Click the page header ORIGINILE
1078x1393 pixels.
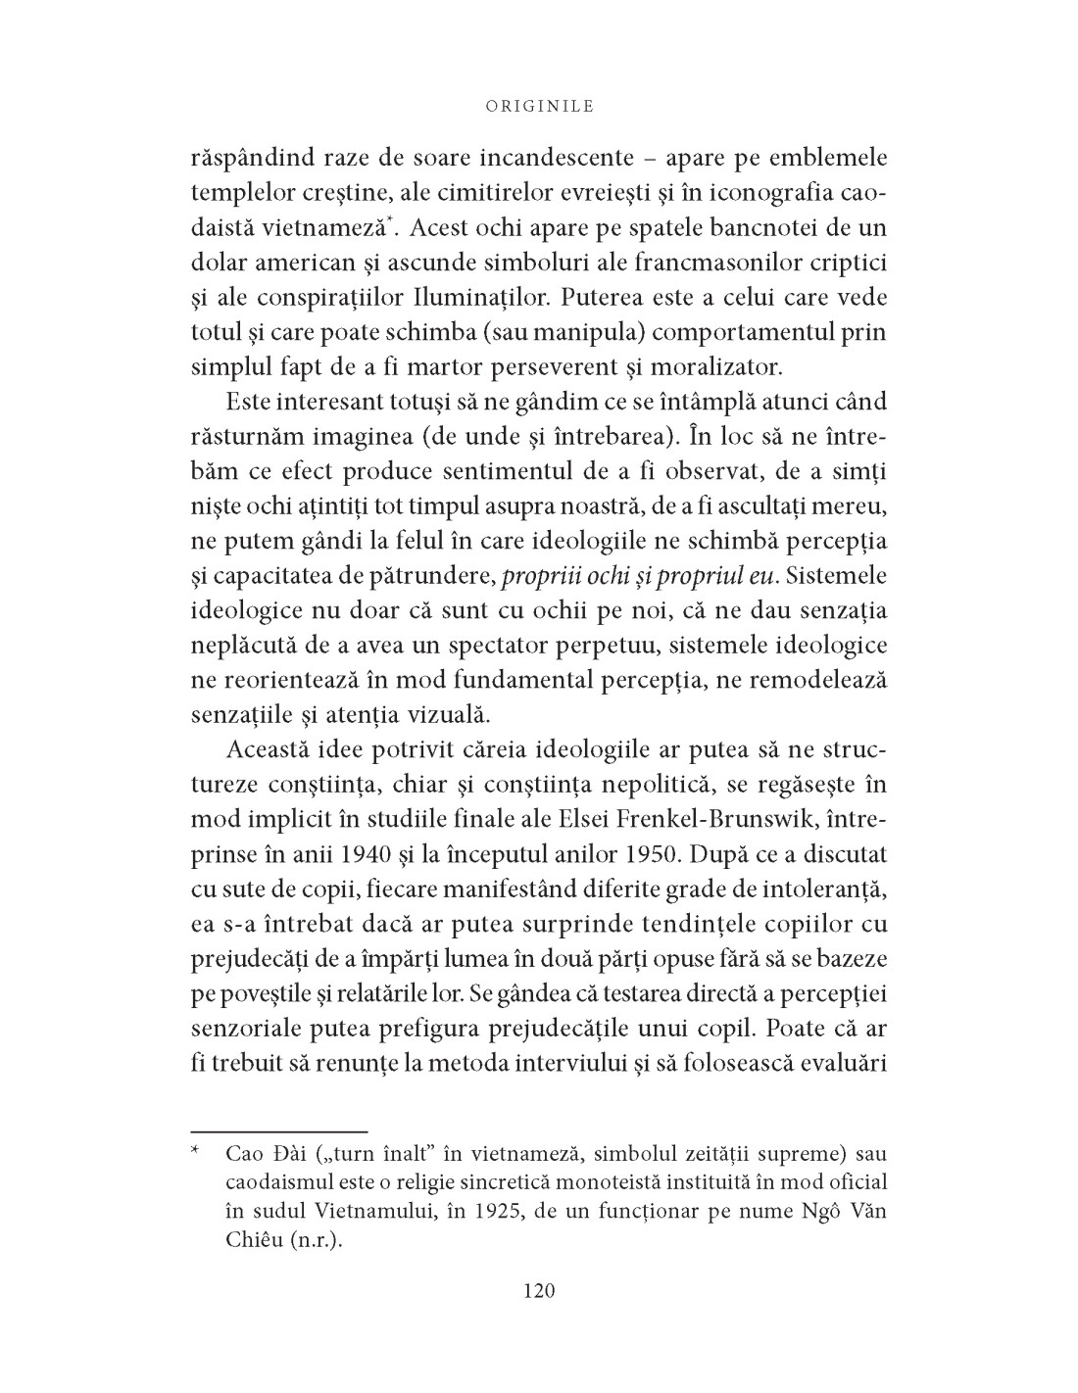coord(539,106)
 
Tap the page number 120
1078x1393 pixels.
coord(539,1290)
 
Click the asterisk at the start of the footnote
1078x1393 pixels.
coord(196,1155)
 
